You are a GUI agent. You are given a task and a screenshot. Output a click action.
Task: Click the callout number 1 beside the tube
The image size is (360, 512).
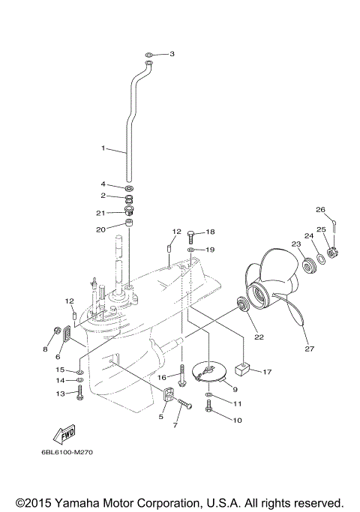click(x=103, y=148)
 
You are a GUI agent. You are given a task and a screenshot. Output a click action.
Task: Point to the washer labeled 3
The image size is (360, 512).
click(x=149, y=55)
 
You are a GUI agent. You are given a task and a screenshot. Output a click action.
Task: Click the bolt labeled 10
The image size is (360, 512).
click(x=209, y=409)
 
